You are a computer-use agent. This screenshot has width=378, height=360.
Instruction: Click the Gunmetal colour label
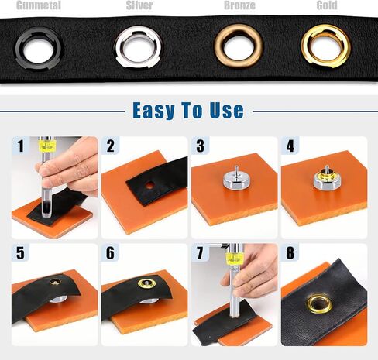pyautogui.click(x=39, y=5)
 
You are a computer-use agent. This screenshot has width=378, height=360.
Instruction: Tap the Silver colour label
pyautogui.click(x=139, y=5)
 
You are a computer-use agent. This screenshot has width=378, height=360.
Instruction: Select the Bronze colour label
pyautogui.click(x=239, y=5)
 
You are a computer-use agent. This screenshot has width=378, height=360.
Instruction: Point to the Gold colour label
pyautogui.click(x=327, y=5)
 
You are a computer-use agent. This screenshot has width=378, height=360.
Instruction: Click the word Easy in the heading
pyautogui.click(x=153, y=111)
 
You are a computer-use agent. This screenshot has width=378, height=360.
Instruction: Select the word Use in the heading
pyautogui.click(x=226, y=111)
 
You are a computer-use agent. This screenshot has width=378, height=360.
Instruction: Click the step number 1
pyautogui.click(x=21, y=146)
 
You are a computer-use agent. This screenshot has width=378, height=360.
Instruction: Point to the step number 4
pyautogui.click(x=290, y=146)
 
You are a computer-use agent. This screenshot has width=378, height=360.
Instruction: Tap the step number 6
pyautogui.click(x=110, y=253)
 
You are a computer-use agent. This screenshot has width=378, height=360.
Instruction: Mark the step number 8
pyautogui.click(x=290, y=253)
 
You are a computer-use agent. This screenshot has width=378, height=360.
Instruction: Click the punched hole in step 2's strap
pyautogui.click(x=149, y=185)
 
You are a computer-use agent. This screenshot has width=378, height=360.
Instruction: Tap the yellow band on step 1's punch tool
pyautogui.click(x=47, y=146)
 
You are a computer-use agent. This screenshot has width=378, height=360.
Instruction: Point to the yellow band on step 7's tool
pyautogui.click(x=234, y=259)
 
